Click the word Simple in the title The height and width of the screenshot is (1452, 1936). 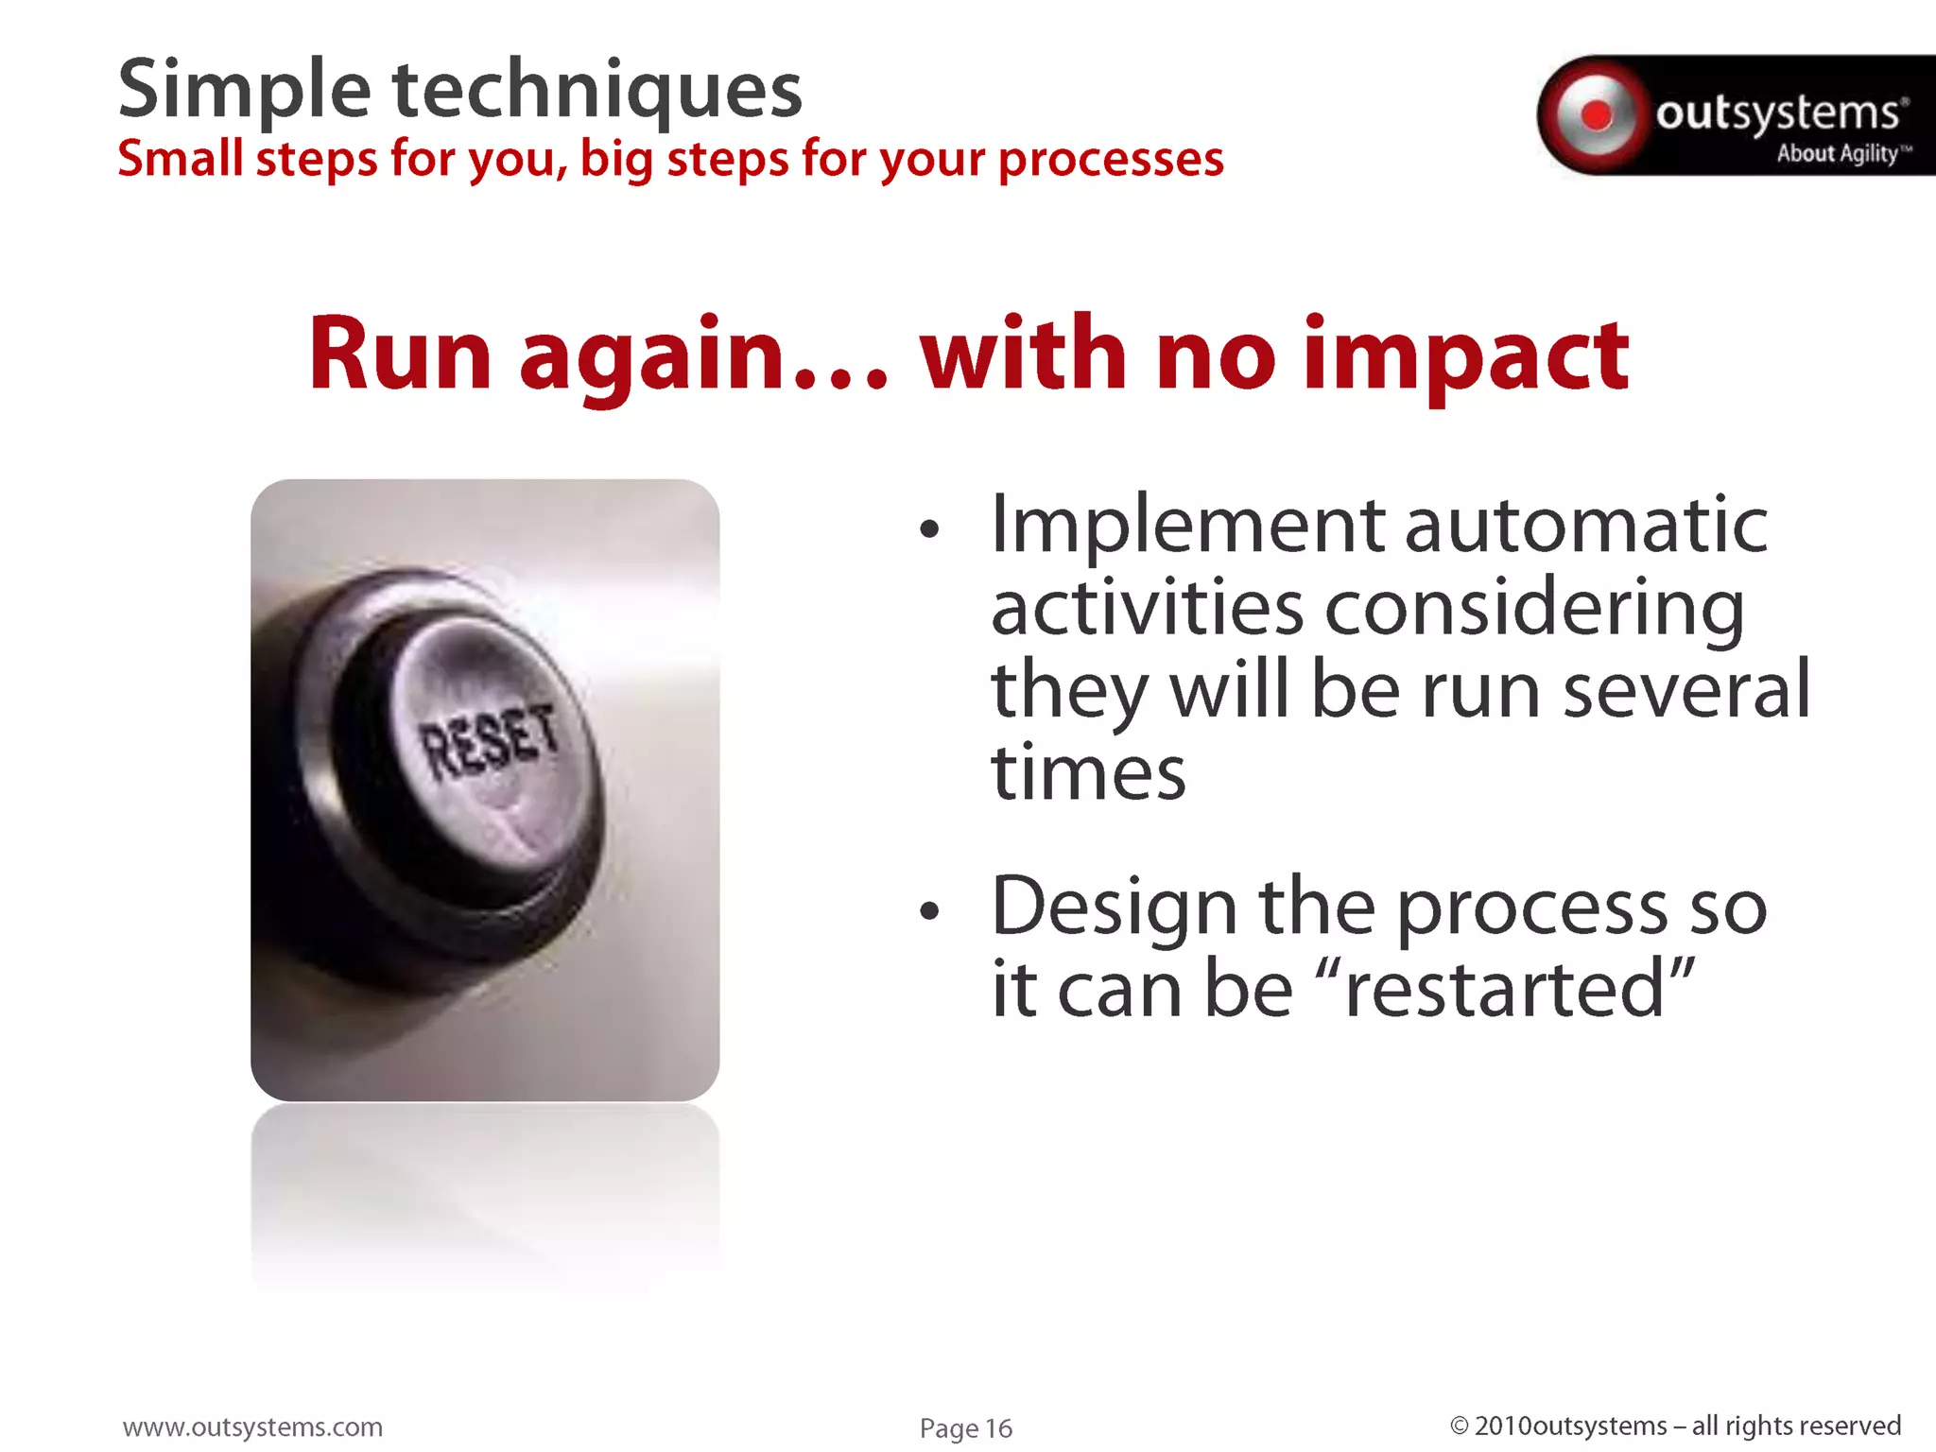(x=244, y=91)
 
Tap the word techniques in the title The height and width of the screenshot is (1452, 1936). (x=596, y=91)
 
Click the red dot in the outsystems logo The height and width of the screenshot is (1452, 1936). (x=1597, y=115)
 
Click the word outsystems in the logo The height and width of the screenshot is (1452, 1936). (x=1777, y=112)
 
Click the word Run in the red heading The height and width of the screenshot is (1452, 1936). (x=400, y=354)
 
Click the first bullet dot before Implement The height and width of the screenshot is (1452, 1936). (x=930, y=529)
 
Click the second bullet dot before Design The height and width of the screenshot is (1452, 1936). (x=930, y=911)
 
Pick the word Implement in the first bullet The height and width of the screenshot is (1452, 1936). (x=1187, y=526)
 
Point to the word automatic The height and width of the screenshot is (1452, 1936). (x=1585, y=526)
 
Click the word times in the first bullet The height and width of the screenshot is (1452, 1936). (x=1087, y=773)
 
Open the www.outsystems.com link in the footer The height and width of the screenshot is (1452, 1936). (x=252, y=1426)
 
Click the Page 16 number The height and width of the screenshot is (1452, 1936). (x=965, y=1428)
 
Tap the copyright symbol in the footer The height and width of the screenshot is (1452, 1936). (x=1460, y=1426)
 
